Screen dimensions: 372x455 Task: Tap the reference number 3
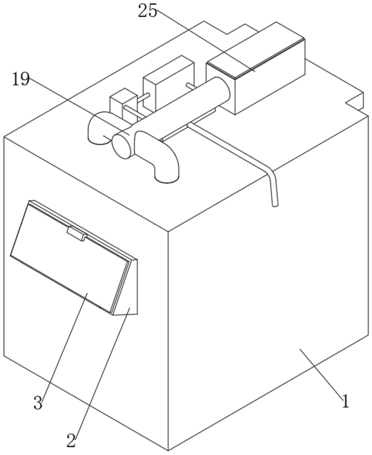click(38, 403)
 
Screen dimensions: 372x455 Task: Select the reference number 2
click(71, 440)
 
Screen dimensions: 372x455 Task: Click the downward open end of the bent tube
click(275, 205)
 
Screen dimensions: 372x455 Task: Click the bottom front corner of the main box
click(168, 450)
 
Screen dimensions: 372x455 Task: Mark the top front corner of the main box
click(168, 231)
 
